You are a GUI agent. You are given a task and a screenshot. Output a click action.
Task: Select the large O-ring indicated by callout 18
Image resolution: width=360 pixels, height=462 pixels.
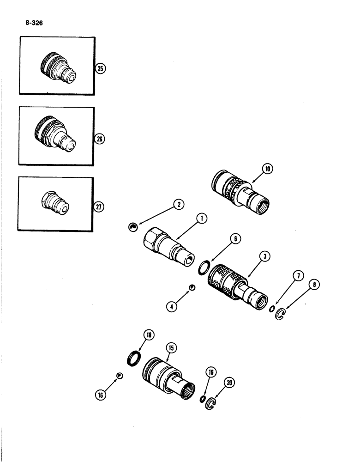pyautogui.click(x=133, y=358)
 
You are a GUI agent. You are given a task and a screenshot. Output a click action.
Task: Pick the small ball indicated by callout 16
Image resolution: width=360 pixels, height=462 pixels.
pyautogui.click(x=119, y=375)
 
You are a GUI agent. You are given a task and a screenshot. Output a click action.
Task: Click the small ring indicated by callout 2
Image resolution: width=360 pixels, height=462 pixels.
pyautogui.click(x=132, y=226)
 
